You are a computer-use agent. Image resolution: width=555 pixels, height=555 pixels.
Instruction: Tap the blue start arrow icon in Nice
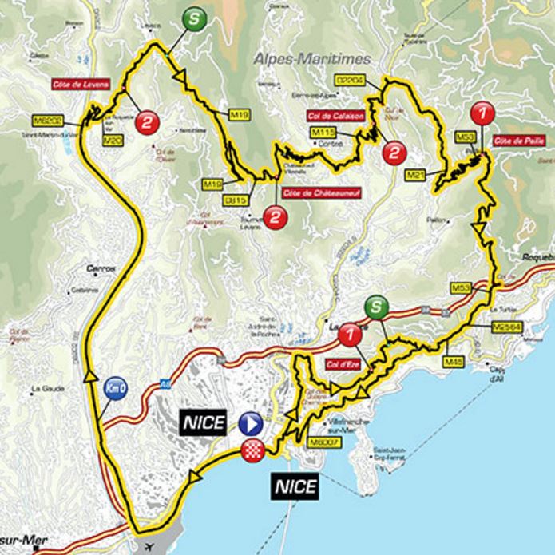click(251, 422)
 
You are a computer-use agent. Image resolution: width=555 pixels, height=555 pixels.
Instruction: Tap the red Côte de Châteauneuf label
click(312, 192)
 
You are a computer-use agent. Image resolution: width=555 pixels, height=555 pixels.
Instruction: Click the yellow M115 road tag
click(323, 132)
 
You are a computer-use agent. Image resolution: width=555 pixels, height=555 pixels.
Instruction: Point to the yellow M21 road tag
click(416, 173)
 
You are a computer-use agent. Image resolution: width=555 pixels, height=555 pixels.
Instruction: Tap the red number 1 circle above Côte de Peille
click(482, 112)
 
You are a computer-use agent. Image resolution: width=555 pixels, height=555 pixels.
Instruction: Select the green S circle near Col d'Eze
click(376, 306)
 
